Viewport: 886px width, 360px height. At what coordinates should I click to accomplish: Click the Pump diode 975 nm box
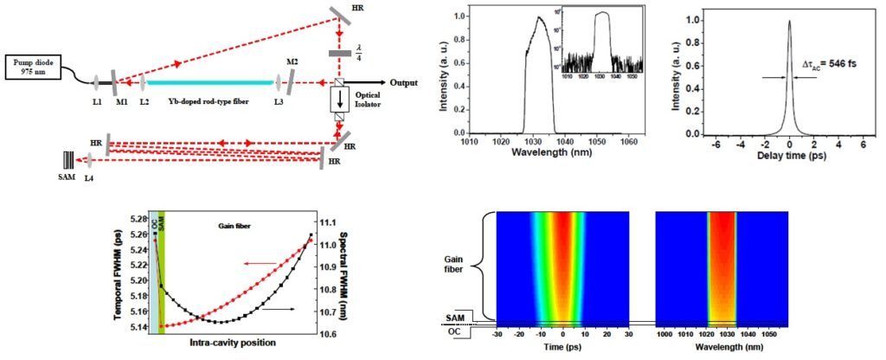[x=33, y=67]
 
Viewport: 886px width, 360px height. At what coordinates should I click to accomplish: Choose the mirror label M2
[x=292, y=62]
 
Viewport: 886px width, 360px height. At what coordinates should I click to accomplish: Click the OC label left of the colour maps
[x=453, y=330]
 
